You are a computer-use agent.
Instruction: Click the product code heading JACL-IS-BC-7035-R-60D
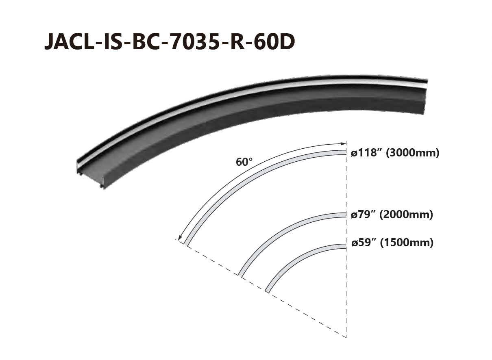click(170, 41)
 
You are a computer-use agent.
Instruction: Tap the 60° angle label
click(244, 162)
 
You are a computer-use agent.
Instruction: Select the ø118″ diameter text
click(367, 153)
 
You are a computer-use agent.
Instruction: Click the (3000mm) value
click(412, 153)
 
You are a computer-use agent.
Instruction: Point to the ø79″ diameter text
click(364, 215)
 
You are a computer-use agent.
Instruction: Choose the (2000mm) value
click(406, 215)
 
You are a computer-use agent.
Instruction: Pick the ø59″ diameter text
click(364, 243)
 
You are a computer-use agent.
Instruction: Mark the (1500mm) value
click(407, 243)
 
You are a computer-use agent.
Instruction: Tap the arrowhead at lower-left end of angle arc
click(180, 237)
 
